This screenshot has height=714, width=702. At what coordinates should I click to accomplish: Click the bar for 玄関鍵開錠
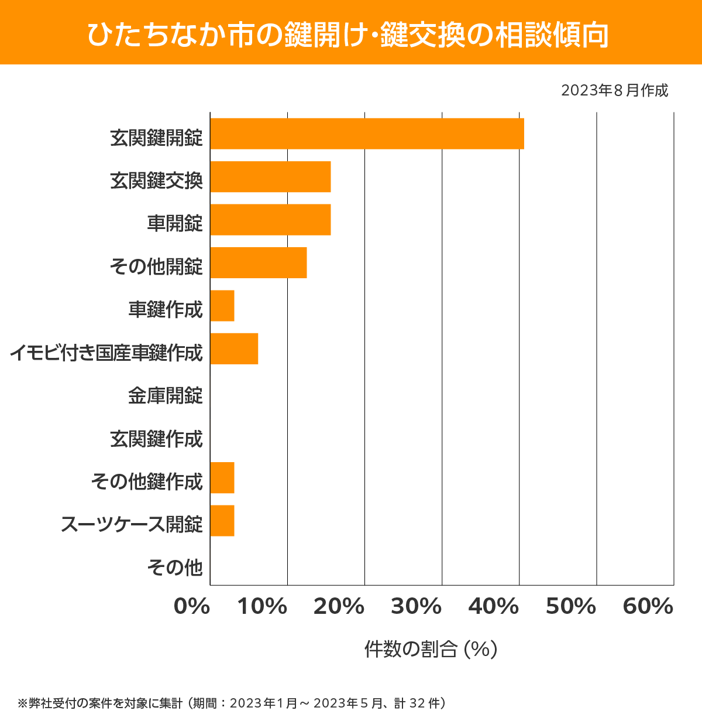367,134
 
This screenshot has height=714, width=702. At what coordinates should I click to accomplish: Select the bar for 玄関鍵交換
270,177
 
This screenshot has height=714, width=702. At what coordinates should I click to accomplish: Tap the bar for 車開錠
270,220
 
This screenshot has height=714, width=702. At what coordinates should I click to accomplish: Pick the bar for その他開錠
258,262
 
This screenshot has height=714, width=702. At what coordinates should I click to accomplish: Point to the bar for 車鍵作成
222,306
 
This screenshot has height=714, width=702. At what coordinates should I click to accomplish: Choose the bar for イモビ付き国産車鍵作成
234,349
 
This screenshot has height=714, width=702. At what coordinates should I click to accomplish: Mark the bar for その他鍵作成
222,477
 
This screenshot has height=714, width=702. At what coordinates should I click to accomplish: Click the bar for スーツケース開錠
222,521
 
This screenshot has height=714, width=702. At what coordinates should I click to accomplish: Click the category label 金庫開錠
166,396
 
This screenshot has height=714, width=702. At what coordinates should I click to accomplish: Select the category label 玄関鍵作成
156,439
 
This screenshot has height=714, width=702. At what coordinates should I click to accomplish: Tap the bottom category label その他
175,568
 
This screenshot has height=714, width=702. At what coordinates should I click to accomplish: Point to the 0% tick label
192,607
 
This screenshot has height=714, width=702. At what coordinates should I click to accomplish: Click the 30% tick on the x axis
416,607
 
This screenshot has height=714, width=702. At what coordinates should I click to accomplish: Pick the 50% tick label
570,607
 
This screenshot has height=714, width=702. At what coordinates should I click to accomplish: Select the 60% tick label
648,607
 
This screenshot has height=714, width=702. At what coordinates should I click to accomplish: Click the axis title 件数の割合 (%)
431,649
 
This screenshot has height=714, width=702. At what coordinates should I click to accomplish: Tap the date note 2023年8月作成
614,91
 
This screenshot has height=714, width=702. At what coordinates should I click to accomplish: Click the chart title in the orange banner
348,35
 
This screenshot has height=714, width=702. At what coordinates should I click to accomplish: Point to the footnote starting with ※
232,703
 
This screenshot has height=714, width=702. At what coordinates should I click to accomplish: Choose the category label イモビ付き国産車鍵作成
106,353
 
